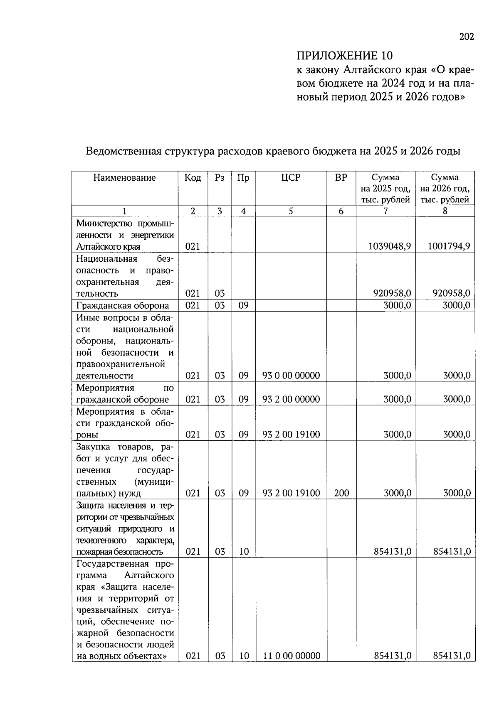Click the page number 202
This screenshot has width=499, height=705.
click(x=467, y=37)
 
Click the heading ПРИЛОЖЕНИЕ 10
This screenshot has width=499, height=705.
click(x=344, y=56)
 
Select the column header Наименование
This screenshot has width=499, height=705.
click(x=125, y=178)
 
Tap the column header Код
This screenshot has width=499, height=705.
click(x=193, y=178)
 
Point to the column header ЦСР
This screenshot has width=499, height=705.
click(x=291, y=178)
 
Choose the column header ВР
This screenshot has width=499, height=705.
click(x=341, y=178)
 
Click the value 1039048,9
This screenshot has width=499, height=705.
click(x=390, y=246)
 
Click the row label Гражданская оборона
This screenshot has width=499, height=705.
click(x=123, y=306)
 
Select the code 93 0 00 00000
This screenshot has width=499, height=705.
click(x=291, y=376)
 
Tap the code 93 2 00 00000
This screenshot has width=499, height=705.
click(x=291, y=400)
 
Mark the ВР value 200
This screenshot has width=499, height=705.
click(x=341, y=494)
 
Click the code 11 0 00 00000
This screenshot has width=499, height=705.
click(x=291, y=656)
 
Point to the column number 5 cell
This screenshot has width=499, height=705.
click(x=291, y=211)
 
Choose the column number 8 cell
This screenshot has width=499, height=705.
click(x=445, y=211)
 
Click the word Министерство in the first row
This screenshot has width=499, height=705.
click(x=104, y=224)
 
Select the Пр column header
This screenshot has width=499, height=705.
click(x=243, y=178)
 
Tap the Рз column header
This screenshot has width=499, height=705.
click(x=220, y=178)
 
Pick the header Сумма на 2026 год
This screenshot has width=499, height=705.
click(x=445, y=188)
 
